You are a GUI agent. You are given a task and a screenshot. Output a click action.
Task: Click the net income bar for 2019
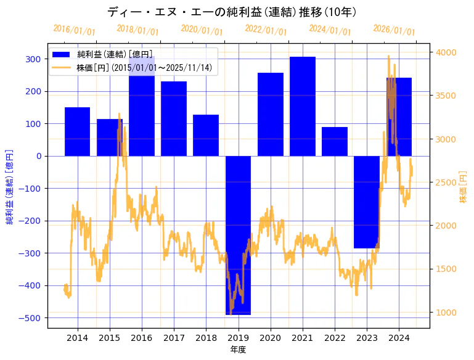238,234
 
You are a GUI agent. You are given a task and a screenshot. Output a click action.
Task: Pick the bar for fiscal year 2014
77,131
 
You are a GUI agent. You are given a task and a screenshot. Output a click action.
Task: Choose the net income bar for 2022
335,141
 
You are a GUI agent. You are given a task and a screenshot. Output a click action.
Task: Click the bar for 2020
271,114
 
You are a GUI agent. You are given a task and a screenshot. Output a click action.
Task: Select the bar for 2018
206,135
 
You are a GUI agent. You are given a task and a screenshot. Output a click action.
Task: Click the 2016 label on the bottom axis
142,338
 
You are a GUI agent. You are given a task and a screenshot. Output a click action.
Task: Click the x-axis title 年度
238,350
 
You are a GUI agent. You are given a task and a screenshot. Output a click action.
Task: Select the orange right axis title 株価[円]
464,187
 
